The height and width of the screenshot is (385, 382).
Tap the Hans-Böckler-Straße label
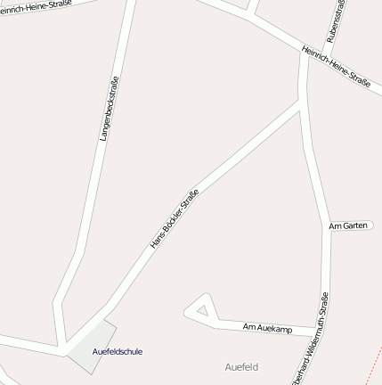[173, 217]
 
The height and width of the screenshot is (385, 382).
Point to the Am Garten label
[348, 225]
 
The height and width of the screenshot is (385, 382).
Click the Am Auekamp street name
[267, 329]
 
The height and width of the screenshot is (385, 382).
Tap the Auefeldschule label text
[117, 351]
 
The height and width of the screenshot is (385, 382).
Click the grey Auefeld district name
[241, 366]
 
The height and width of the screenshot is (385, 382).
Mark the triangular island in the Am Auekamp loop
[204, 310]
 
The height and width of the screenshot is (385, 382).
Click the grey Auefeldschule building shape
[90, 348]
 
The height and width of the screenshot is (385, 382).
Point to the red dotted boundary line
[375, 360]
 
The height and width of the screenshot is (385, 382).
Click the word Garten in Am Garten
[354, 225]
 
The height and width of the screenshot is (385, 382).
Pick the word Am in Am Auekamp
[249, 328]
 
